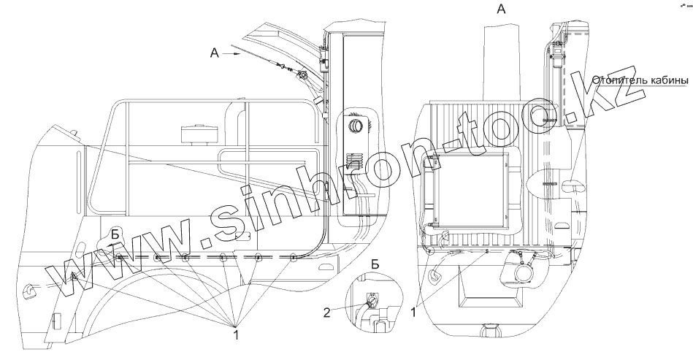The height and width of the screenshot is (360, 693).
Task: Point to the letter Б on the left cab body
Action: [115, 234]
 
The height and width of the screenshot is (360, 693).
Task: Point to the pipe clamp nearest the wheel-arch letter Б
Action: [118, 258]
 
